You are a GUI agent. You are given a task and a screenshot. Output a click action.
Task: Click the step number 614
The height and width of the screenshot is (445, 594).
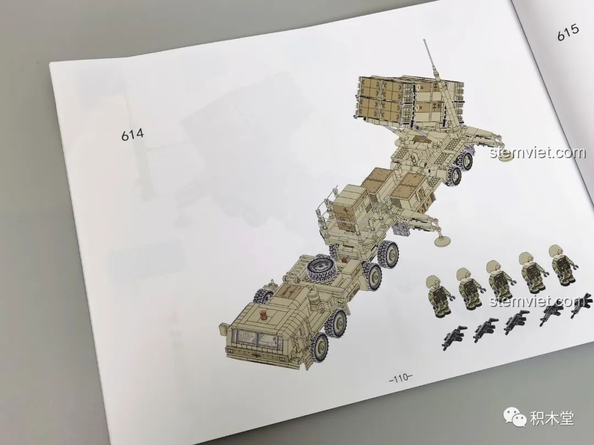coord(133,135)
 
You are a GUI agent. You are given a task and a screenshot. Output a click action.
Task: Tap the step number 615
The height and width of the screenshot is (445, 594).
coord(568,32)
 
